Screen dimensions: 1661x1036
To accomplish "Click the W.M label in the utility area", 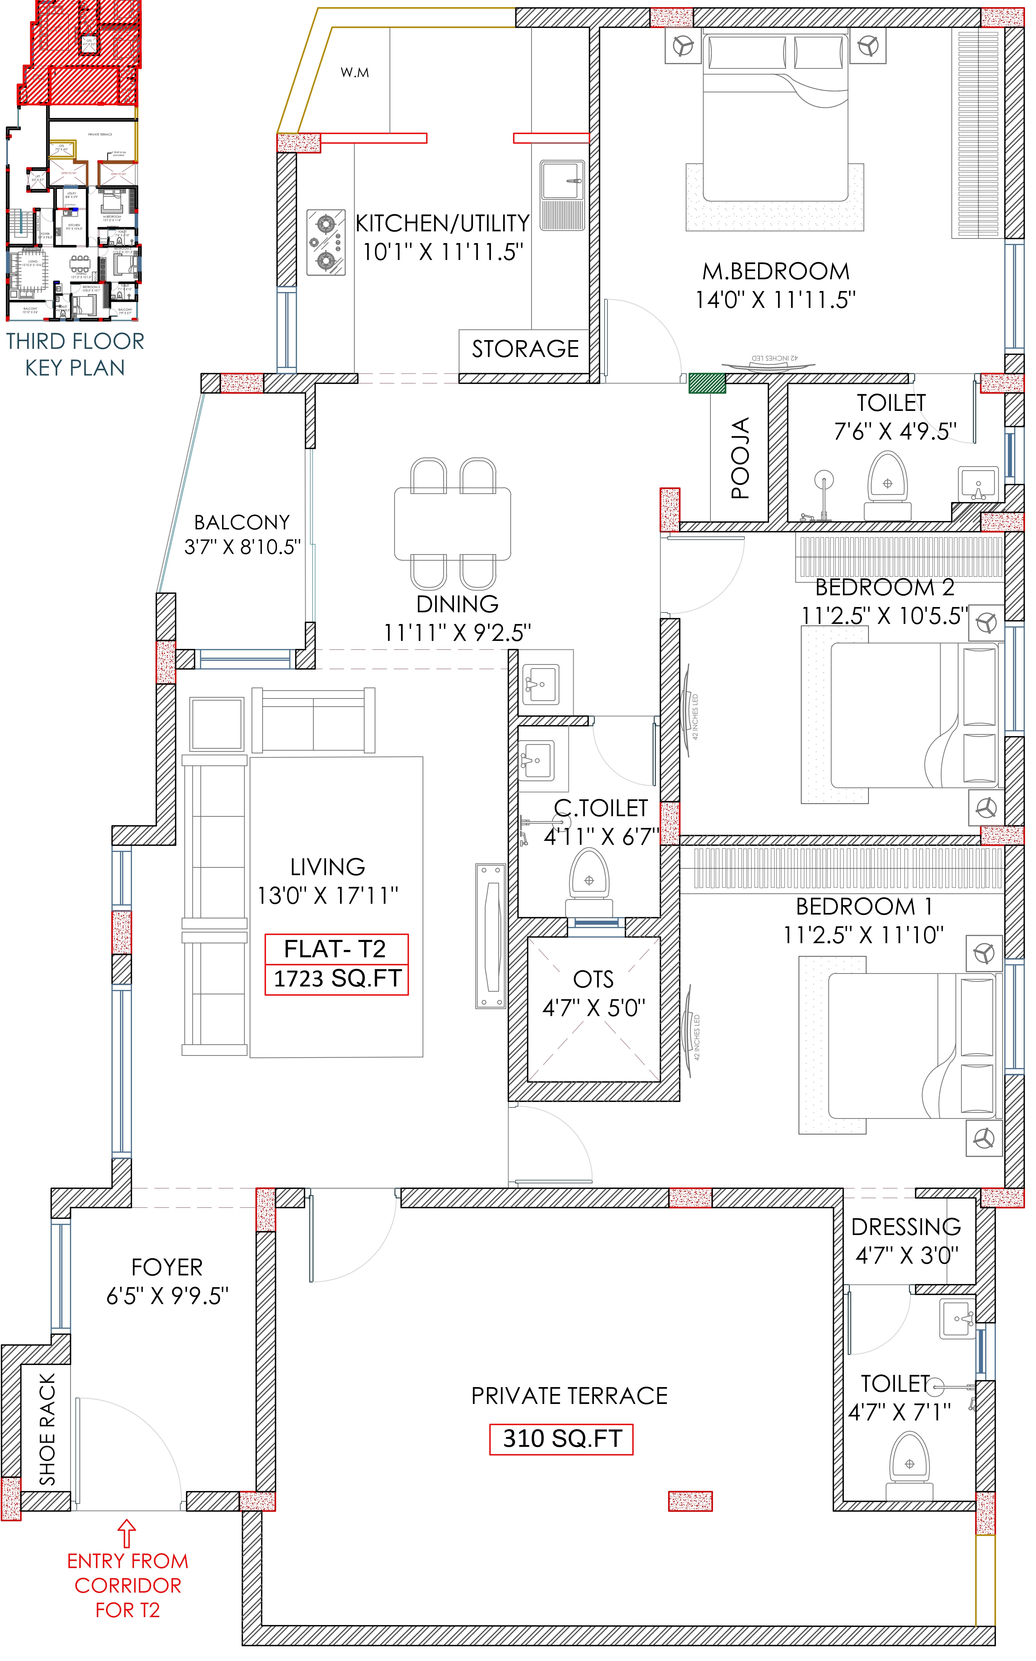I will (x=355, y=73).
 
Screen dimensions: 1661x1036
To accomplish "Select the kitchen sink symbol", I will (x=562, y=195).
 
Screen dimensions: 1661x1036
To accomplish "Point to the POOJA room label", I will (x=740, y=458).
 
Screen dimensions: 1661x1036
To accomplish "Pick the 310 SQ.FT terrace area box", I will (x=561, y=1438).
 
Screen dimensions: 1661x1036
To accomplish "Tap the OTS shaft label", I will (x=593, y=979).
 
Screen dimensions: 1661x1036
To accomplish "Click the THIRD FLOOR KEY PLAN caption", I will (x=75, y=354).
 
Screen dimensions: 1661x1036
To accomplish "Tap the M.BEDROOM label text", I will (x=776, y=271).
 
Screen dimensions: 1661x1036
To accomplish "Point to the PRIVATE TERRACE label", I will (x=569, y=1396).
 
